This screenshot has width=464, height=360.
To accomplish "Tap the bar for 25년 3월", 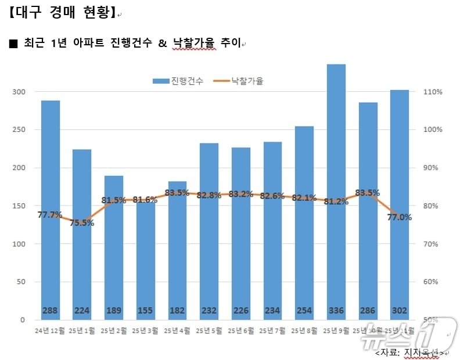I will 146,261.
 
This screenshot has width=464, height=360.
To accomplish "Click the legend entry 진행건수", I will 178,81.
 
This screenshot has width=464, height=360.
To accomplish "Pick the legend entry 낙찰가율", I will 239,81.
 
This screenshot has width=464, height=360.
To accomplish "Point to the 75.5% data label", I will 82,222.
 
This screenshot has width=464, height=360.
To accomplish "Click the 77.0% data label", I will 400,218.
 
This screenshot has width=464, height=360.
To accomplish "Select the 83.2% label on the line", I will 241,194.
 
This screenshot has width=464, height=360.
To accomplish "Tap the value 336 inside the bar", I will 336,311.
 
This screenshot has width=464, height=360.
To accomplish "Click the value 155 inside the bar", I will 146,311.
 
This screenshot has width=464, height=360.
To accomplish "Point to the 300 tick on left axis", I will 19,92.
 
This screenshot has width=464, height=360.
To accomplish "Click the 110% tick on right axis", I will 433,92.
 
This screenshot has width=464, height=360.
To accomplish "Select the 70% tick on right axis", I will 433,244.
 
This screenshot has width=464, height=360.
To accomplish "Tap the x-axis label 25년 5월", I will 209,331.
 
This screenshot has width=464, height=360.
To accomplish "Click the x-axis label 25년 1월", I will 82,331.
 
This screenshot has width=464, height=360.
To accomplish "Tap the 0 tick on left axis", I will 23,320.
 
